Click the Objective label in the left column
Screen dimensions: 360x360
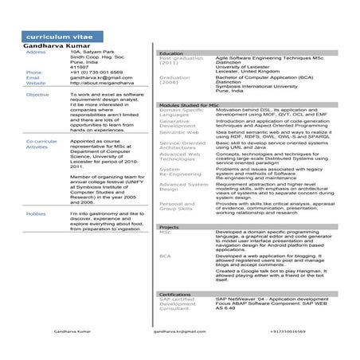pyautogui.click(x=37, y=95)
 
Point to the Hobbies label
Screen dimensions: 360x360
pyautogui.click(x=35, y=214)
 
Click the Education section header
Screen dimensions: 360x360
pyautogui.click(x=171, y=53)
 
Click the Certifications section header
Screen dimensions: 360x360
pyautogui.click(x=175, y=294)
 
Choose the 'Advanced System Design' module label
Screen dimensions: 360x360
pyautogui.click(x=182, y=188)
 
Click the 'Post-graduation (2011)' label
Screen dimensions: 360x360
pyautogui.click(x=181, y=61)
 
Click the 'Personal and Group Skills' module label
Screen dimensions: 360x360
pyautogui.click(x=177, y=207)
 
